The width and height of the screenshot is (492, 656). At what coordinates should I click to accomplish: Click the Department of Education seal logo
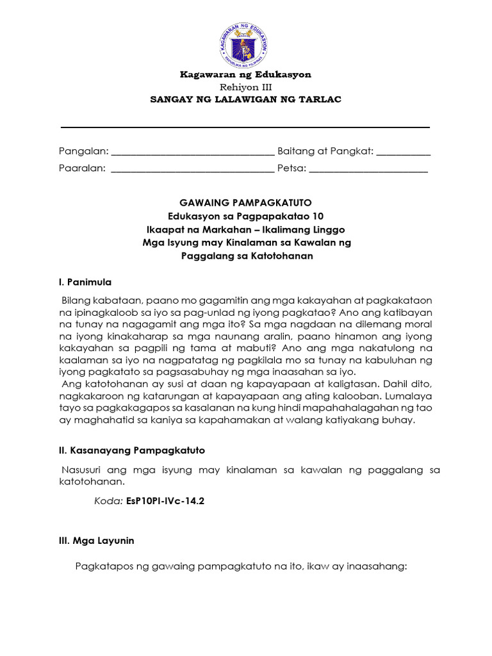(245, 44)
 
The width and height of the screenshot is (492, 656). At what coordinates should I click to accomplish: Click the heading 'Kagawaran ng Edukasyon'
(245, 74)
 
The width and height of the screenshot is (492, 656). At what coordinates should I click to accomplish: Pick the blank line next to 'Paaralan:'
(192, 170)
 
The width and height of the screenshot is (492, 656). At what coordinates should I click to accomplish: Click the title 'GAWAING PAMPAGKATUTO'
(246, 202)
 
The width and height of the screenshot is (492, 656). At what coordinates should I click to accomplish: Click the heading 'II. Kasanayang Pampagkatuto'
(131, 450)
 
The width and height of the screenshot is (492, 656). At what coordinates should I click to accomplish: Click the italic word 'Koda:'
(108, 502)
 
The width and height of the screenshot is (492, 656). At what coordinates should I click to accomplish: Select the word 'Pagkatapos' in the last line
(103, 566)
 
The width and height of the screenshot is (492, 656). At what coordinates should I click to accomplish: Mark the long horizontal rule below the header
(245, 127)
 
